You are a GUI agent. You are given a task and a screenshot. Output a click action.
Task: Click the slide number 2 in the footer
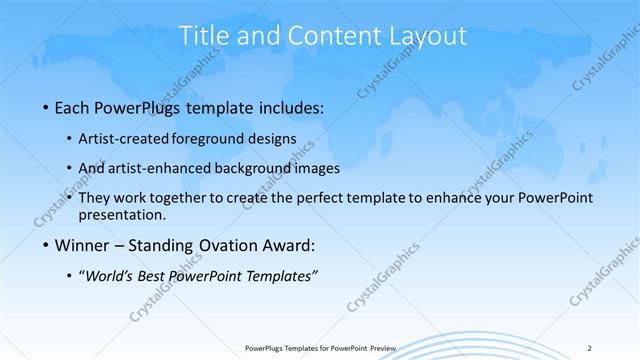tap(590, 347)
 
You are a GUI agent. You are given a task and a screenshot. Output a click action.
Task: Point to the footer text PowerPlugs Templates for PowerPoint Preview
tap(320, 347)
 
